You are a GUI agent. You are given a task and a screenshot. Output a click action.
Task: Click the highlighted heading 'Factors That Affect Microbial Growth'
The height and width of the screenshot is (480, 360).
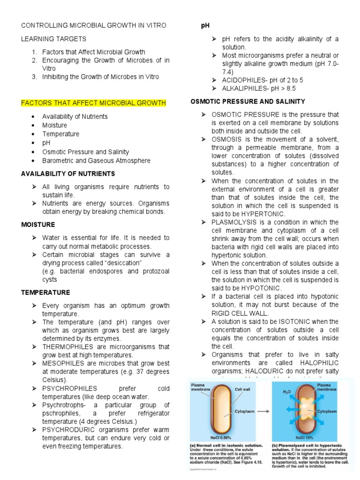point(94,103)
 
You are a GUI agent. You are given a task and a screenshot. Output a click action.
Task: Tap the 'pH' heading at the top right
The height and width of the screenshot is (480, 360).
point(205,25)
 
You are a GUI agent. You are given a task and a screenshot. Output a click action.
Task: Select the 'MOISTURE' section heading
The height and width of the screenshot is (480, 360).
point(38,225)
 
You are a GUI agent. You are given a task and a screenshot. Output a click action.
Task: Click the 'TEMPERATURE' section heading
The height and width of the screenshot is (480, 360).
point(45,292)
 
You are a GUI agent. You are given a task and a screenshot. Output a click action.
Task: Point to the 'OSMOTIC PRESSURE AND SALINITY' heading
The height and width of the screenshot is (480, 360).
point(247,101)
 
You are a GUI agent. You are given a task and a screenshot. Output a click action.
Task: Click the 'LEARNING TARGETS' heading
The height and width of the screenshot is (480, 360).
point(53,39)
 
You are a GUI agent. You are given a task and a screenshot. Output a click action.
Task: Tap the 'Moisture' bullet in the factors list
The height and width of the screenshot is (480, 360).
point(54,125)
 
